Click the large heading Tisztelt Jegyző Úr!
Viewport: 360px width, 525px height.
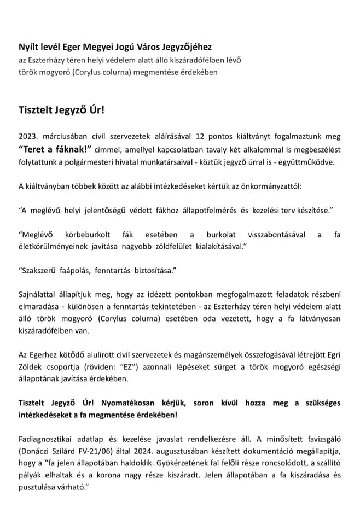[61, 109]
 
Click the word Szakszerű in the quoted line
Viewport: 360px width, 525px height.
[40, 271]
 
